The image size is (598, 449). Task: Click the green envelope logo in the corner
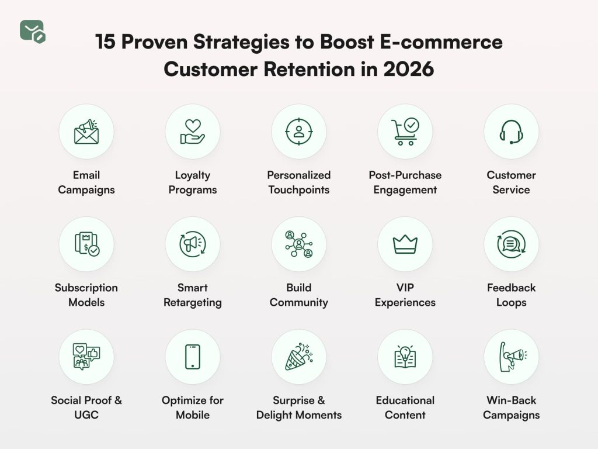(33, 31)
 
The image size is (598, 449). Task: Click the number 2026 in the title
(409, 69)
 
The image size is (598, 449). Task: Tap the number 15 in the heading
(105, 43)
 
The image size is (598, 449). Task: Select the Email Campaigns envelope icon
(86, 132)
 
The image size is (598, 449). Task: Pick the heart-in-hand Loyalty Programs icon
(193, 132)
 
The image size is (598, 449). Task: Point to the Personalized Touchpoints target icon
(299, 132)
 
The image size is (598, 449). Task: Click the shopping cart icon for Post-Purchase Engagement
(405, 132)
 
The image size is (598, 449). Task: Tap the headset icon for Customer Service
(511, 132)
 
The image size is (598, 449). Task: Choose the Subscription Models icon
(86, 244)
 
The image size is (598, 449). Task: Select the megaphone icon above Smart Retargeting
(193, 244)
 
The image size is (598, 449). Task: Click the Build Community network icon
(299, 244)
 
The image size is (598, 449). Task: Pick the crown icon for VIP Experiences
(405, 244)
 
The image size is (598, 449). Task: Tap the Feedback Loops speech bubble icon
(511, 244)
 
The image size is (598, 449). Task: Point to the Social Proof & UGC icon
(86, 357)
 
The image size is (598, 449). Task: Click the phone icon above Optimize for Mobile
(193, 357)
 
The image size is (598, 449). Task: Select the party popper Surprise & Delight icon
(299, 357)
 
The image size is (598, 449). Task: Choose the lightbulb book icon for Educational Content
(405, 357)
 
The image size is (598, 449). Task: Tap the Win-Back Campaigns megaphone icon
(511, 357)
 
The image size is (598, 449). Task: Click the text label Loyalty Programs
(193, 182)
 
